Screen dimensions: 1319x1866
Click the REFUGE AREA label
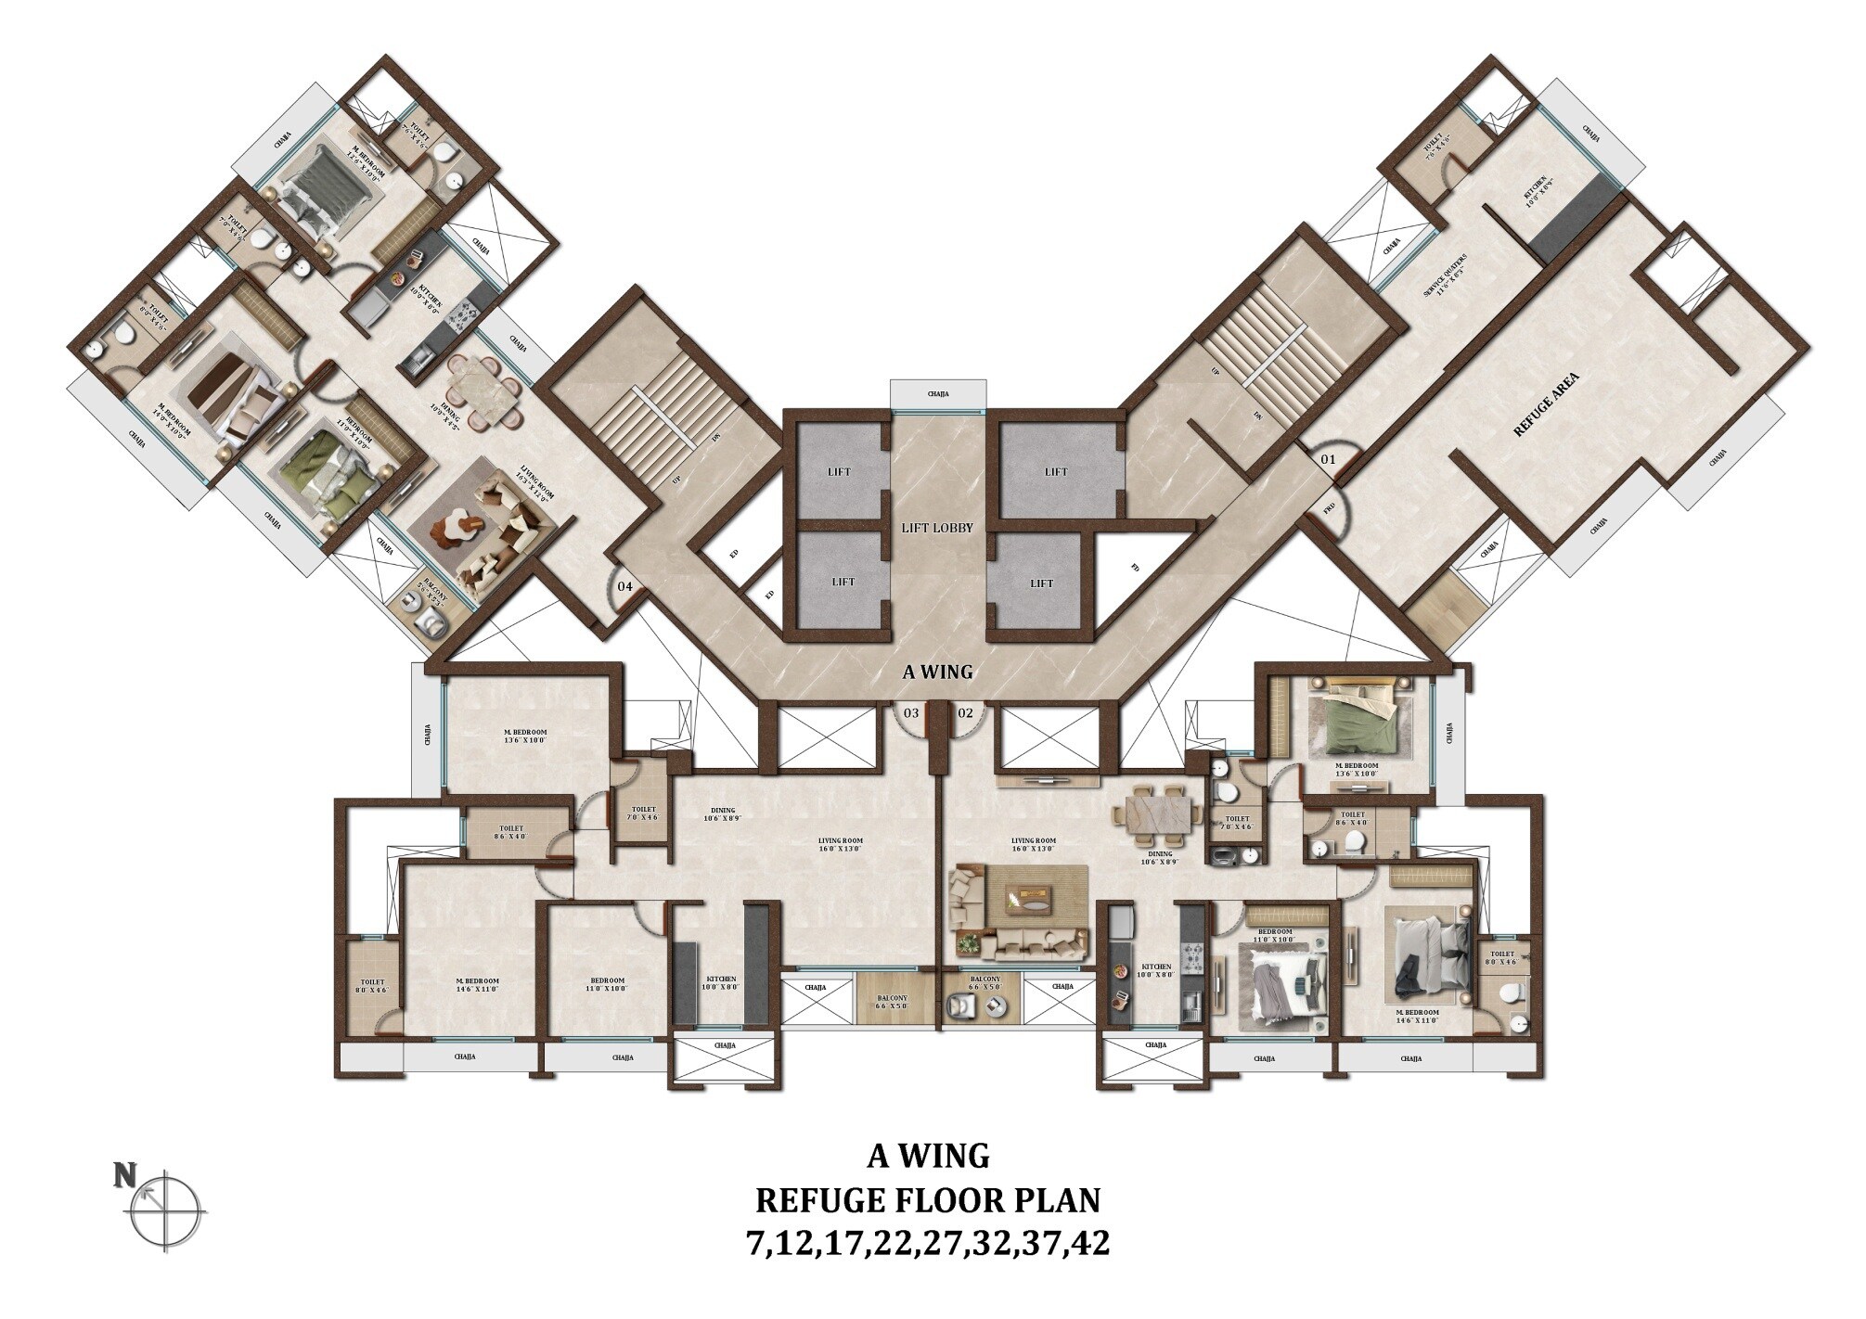pos(1546,404)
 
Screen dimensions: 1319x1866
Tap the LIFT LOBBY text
pos(937,528)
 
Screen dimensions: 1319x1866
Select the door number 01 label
pos(1328,458)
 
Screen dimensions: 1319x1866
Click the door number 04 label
pos(625,586)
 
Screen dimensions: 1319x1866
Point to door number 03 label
pos(911,712)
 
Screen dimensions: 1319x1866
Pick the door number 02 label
pos(965,712)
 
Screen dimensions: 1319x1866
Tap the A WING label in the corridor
pos(937,672)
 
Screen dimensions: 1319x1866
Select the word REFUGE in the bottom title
pos(816,1200)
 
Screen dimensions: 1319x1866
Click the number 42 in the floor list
pos(1088,1243)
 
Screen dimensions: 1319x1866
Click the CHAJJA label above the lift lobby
pos(937,394)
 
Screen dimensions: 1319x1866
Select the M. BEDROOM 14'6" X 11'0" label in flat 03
pos(478,985)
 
